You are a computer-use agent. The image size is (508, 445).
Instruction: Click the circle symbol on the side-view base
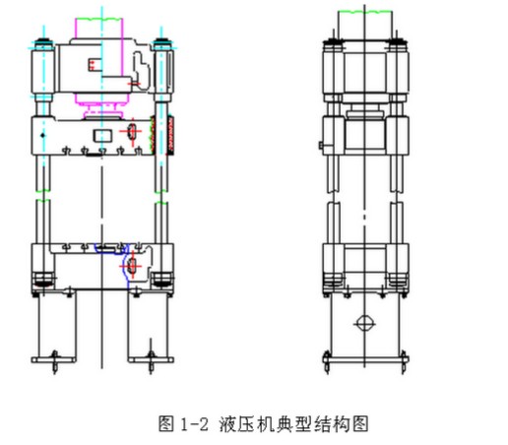click(364, 324)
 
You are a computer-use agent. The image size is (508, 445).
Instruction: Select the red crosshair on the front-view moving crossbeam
click(132, 132)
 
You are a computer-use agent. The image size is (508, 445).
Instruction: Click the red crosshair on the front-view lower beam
click(132, 266)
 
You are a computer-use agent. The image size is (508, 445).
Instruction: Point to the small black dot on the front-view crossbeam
click(42, 135)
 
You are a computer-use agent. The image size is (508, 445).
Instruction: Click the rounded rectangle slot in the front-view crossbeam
click(102, 136)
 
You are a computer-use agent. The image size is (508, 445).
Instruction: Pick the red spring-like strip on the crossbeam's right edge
click(170, 135)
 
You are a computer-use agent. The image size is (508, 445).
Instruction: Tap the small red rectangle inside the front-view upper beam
click(94, 64)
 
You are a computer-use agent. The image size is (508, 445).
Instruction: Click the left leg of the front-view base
click(55, 325)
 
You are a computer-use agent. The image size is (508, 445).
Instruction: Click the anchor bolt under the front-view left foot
click(55, 362)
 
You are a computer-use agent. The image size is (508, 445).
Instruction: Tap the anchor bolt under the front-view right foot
click(151, 362)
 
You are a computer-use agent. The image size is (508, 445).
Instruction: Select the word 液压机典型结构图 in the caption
click(293, 423)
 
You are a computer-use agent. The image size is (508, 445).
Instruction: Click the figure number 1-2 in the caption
click(194, 424)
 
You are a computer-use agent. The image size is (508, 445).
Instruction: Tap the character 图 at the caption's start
click(166, 423)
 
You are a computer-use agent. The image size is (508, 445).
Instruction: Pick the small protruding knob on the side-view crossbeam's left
click(321, 145)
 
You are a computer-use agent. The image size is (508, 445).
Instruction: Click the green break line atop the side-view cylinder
click(364, 12)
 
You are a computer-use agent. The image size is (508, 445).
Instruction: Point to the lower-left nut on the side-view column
click(333, 281)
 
